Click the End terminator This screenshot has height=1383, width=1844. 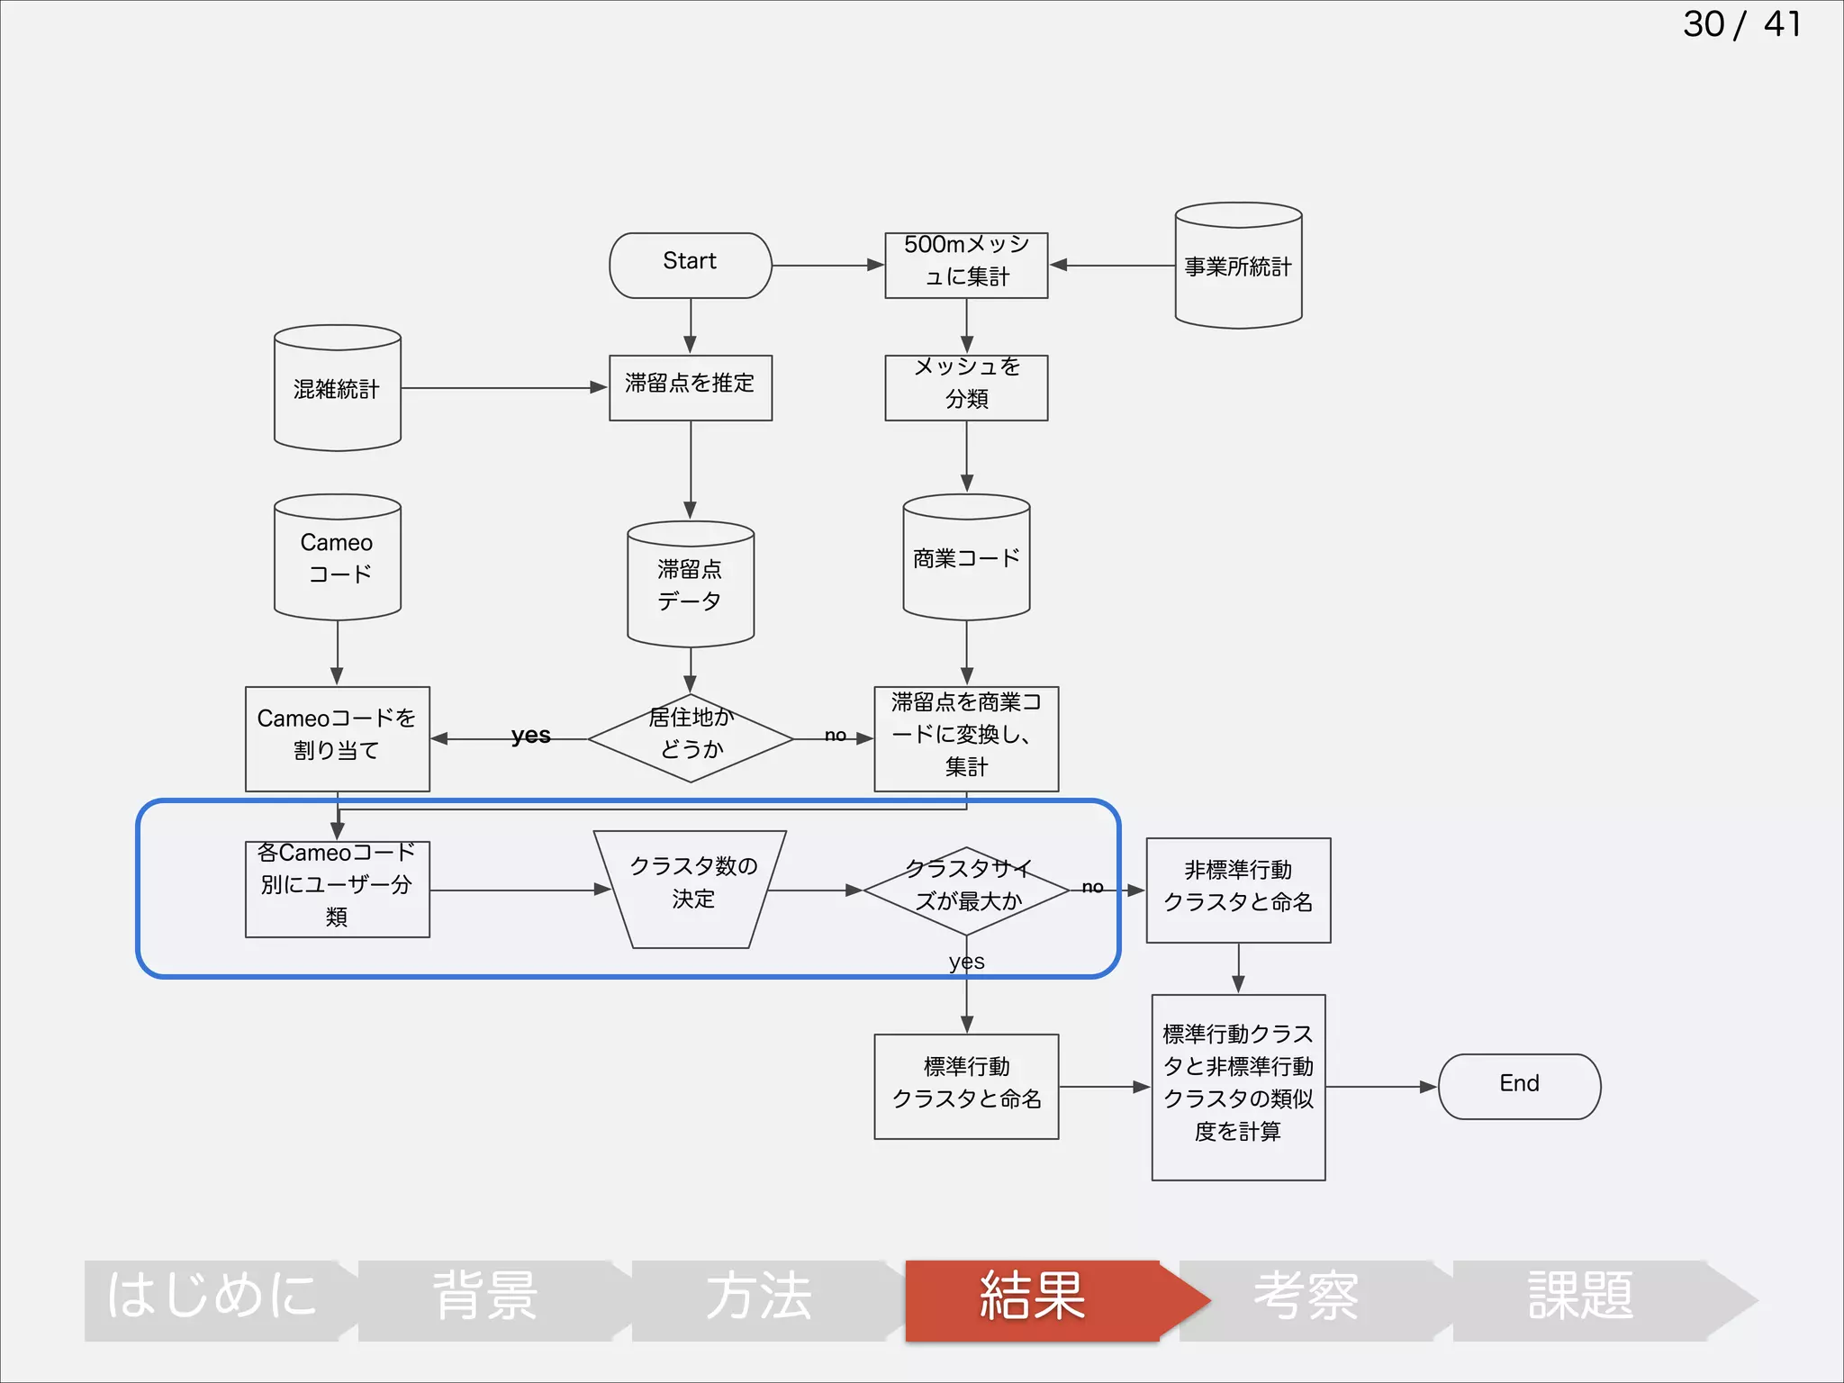[x=1519, y=1086]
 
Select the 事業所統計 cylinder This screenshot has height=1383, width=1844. [x=1238, y=267]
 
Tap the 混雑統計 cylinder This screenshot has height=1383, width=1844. [x=337, y=389]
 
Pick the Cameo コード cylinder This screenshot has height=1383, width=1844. [x=337, y=558]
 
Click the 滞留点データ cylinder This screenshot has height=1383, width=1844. [x=691, y=585]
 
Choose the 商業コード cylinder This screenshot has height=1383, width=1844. [x=966, y=558]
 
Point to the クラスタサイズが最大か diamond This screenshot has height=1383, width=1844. [x=966, y=890]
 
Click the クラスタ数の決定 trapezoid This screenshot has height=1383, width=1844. [x=691, y=888]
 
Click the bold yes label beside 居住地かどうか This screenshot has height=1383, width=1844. [x=530, y=735]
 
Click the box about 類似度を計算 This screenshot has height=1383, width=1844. [x=1238, y=1086]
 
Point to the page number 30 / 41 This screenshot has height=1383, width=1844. [x=1741, y=24]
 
